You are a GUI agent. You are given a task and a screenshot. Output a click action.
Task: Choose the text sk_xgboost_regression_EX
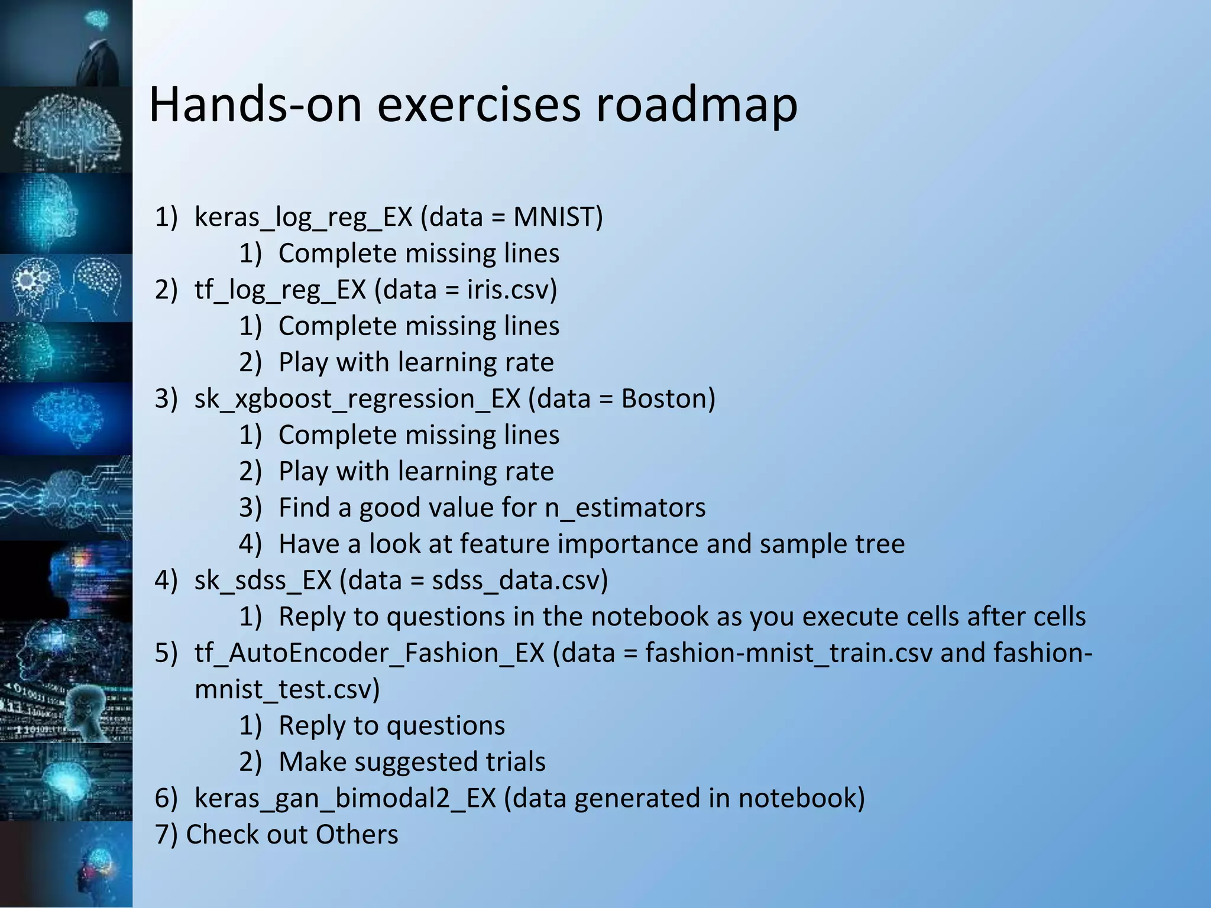coord(357,399)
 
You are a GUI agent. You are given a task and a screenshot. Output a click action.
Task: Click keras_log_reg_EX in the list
coord(303,217)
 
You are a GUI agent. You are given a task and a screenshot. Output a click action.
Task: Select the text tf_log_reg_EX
coord(280,290)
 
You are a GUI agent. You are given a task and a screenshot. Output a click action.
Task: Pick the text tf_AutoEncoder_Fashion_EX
coord(369,653)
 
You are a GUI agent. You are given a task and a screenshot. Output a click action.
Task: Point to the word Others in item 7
coord(357,835)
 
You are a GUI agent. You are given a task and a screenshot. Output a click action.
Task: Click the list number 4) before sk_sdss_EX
coord(166,581)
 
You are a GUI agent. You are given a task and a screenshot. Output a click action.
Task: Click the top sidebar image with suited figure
coord(66,43)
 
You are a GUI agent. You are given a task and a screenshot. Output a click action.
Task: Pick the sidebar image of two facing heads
coord(66,288)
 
